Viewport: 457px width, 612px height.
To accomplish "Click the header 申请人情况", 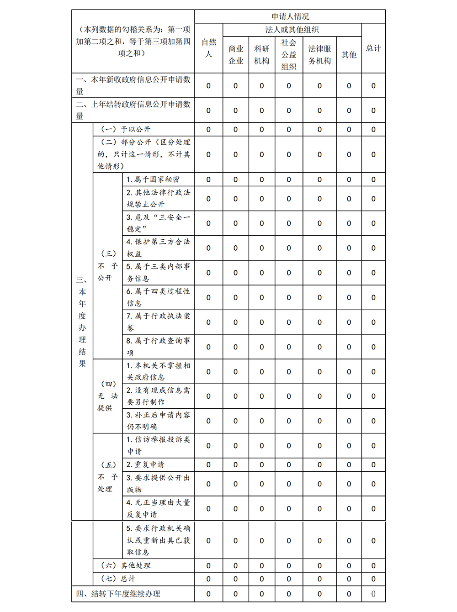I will tap(290, 16).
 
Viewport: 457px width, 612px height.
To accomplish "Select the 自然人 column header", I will tap(209, 48).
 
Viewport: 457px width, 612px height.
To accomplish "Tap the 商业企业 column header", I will tap(236, 54).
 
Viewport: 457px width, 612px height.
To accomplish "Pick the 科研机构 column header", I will tap(262, 54).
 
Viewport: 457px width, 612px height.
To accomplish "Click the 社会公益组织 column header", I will tap(289, 54).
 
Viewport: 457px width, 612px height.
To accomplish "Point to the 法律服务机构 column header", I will tap(319, 54).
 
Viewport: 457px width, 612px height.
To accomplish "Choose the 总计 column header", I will tap(373, 48).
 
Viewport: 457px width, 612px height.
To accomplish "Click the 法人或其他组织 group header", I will tap(292, 30).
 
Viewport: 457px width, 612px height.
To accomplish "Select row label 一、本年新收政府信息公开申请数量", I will tap(133, 85).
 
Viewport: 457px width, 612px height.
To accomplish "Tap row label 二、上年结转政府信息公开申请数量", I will tap(133, 110).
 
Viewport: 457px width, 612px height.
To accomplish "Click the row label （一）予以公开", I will tap(126, 129).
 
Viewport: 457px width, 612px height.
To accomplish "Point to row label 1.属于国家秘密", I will tap(153, 179).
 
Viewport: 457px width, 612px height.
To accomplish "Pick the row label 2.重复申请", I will tap(145, 464).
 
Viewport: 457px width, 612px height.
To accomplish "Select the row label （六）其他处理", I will tap(126, 565).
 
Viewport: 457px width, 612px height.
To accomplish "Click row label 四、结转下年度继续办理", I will tap(118, 594).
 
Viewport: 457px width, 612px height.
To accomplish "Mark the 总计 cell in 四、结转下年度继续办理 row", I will tap(373, 594).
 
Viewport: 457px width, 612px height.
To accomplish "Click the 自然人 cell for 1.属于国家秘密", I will tap(208, 179).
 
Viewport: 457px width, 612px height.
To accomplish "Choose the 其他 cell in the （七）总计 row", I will tap(349, 579).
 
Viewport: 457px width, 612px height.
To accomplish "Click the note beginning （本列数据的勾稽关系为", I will tap(133, 41).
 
